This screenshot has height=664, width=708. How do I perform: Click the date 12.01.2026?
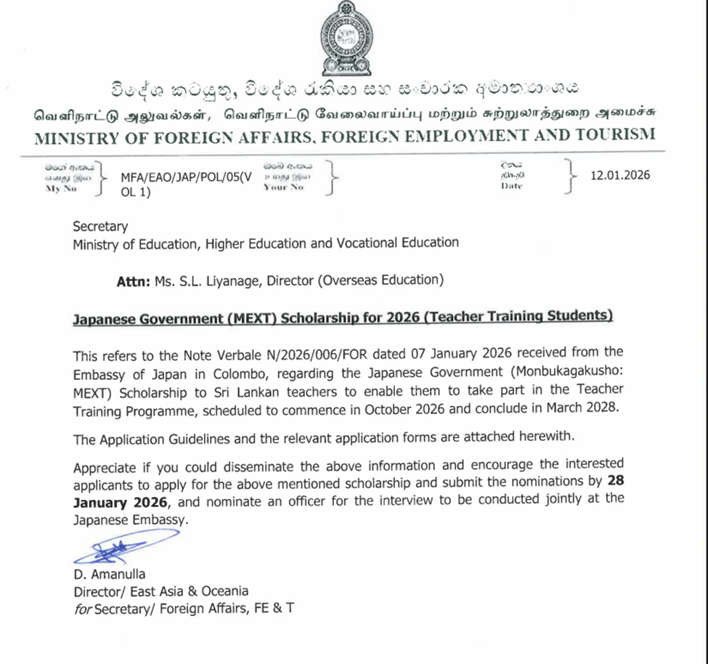coord(619,175)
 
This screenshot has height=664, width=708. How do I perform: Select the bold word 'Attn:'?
coord(134,280)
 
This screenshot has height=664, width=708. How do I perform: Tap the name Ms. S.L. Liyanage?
coord(211,280)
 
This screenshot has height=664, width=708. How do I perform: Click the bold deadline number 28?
coord(615,480)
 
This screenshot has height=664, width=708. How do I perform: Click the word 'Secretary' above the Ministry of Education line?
coord(100,226)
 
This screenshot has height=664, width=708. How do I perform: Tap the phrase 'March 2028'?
coord(587,407)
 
